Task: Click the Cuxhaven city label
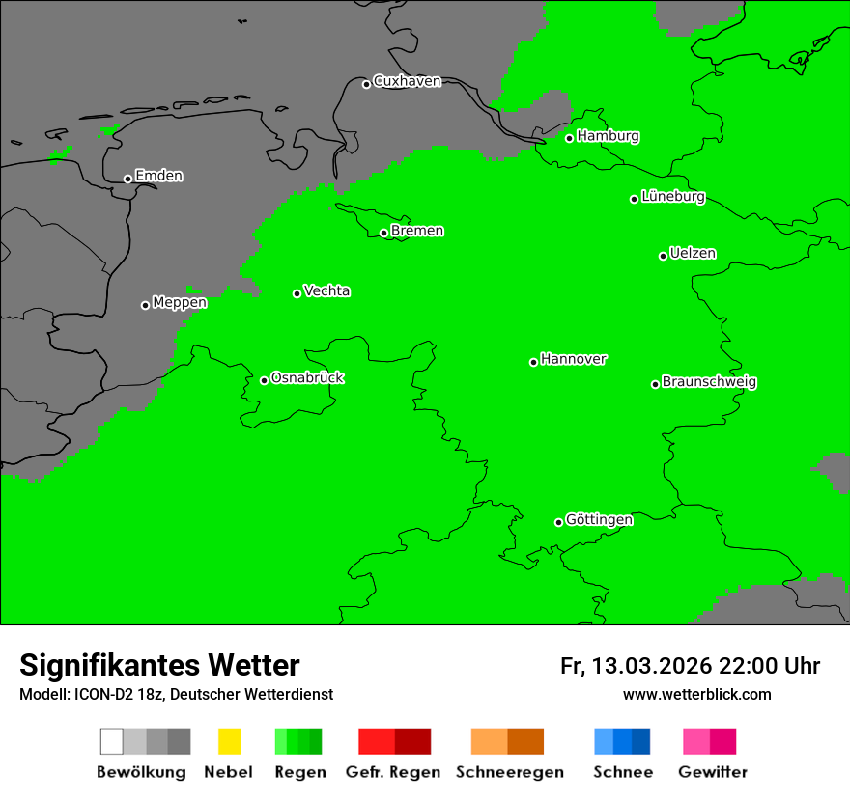click(x=407, y=81)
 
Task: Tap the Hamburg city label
click(x=608, y=136)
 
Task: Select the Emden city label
click(x=158, y=176)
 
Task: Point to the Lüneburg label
click(x=672, y=197)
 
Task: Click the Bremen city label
click(x=417, y=231)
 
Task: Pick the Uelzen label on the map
click(x=693, y=254)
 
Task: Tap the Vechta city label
click(x=326, y=290)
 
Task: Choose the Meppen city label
click(x=180, y=303)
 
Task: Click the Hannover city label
click(x=574, y=359)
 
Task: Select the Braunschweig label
click(x=709, y=382)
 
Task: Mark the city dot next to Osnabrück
click(x=264, y=380)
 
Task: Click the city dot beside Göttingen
click(x=558, y=522)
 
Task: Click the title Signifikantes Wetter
click(x=159, y=665)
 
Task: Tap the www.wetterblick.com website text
click(x=696, y=694)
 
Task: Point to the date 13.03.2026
click(x=652, y=666)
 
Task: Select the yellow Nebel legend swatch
click(x=229, y=741)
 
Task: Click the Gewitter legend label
click(x=712, y=772)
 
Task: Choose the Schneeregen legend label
click(x=510, y=772)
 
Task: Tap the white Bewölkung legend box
click(x=111, y=741)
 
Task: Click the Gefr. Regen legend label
click(x=393, y=772)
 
